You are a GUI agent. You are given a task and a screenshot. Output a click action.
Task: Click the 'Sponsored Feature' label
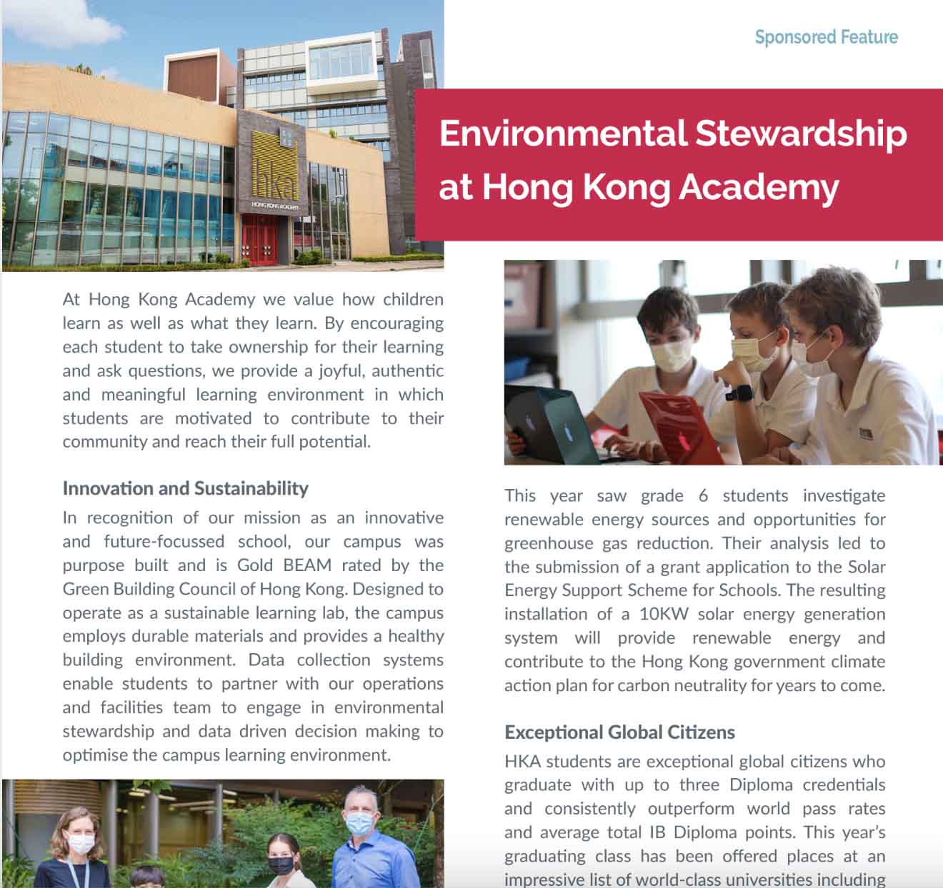click(x=826, y=37)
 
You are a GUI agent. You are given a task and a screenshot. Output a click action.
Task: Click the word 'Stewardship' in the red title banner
click(x=801, y=133)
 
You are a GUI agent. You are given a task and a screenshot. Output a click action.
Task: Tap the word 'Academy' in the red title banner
click(x=758, y=187)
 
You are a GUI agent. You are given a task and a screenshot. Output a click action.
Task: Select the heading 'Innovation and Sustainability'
click(x=185, y=488)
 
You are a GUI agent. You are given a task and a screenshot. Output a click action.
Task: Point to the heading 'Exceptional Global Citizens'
click(x=619, y=732)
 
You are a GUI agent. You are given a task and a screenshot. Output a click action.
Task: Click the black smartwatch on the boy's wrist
click(x=739, y=392)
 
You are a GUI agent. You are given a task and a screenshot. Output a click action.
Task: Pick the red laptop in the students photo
click(x=679, y=428)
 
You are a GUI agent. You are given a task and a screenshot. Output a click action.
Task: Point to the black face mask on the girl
click(x=281, y=866)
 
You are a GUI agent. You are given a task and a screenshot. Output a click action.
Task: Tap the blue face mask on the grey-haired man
click(x=358, y=823)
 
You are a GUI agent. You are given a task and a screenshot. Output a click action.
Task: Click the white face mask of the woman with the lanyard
click(x=81, y=845)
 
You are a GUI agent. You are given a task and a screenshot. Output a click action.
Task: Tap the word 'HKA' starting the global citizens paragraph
click(x=522, y=761)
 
